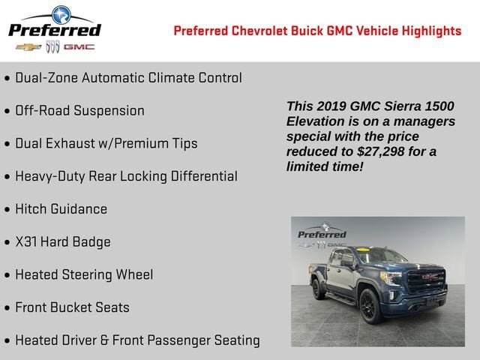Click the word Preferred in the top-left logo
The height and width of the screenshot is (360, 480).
coord(54,30)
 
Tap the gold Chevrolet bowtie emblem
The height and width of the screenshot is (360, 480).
coord(28,47)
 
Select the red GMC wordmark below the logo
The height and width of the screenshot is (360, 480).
coord(79,47)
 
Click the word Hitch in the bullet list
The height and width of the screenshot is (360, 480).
coord(31,209)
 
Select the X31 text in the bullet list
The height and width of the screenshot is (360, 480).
coord(29,242)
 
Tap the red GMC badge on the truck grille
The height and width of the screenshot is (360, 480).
coord(427,276)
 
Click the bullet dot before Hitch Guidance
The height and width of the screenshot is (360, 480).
coord(7,210)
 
